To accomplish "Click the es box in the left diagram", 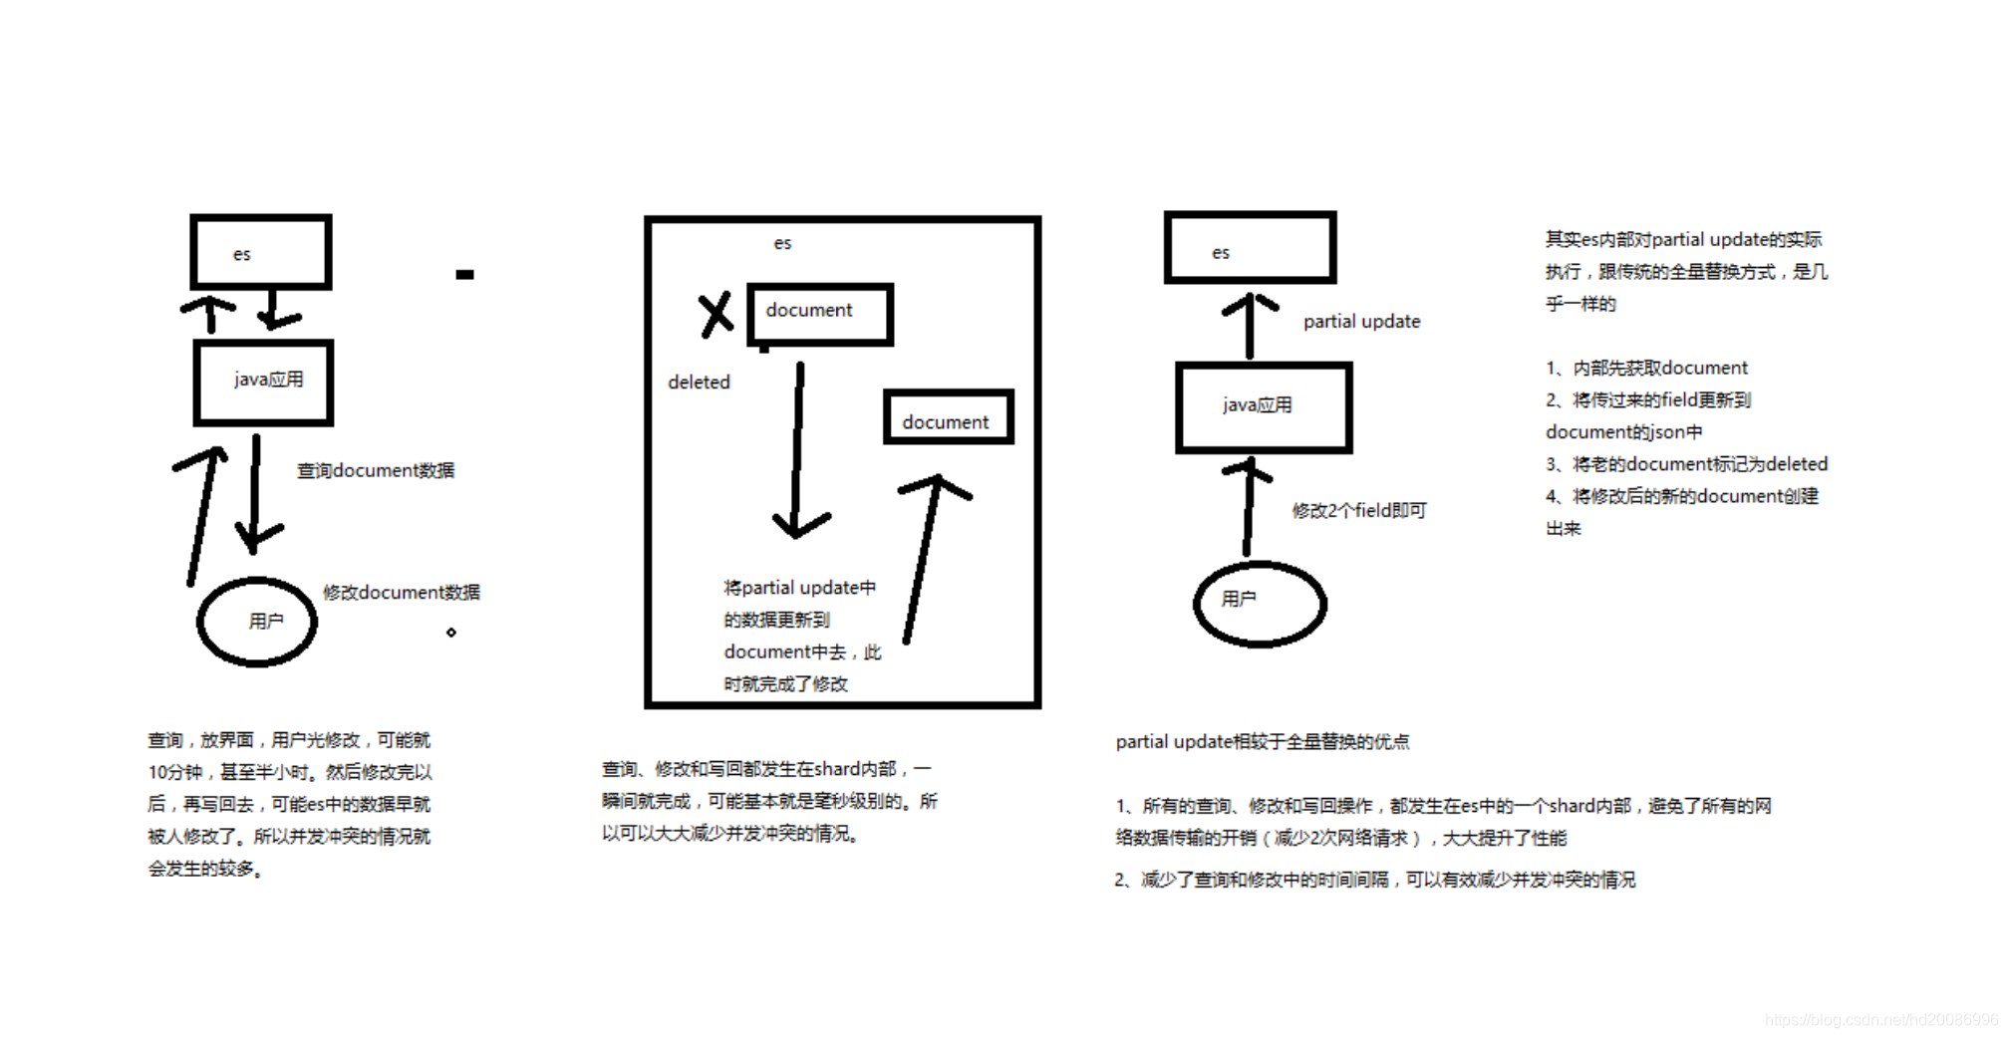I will tap(260, 252).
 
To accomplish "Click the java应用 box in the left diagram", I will tap(264, 383).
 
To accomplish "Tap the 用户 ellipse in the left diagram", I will tap(258, 622).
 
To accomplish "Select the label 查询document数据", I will tap(376, 470).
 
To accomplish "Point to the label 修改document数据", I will tap(401, 592).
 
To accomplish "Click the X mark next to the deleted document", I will tap(716, 315).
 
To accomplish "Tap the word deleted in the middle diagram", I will tap(699, 383).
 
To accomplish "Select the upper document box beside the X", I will tap(819, 314).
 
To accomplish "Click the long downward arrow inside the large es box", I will tap(797, 448).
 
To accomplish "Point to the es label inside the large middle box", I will tap(782, 243).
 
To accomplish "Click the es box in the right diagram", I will tap(1250, 248).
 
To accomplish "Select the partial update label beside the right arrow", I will tap(1361, 321).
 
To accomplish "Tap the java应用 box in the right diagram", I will tap(1264, 406).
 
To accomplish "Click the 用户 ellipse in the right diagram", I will tap(1260, 604).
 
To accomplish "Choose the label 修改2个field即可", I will tap(1359, 510).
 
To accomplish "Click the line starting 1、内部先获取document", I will tap(1646, 368).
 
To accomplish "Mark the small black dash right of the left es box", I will tap(464, 274).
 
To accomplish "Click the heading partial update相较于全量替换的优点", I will tap(1262, 741).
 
